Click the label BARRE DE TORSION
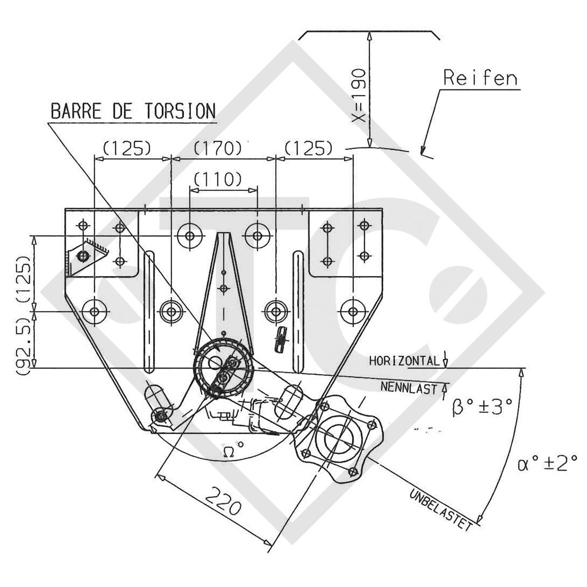tap(133, 111)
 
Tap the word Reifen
tap(480, 79)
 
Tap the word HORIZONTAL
tap(405, 361)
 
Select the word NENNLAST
tap(408, 388)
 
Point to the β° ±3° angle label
tap(481, 408)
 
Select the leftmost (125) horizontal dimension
tap(126, 148)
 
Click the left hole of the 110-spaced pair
tap(190, 235)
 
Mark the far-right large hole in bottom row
tap(352, 311)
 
